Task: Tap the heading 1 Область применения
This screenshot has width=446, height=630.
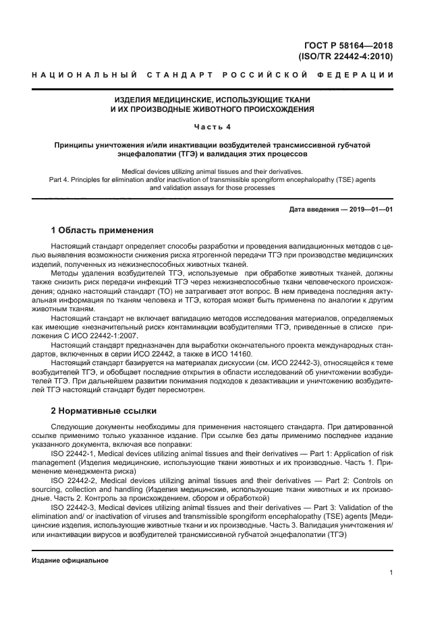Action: tap(103, 230)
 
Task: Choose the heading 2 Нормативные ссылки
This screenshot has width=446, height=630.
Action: tap(104, 410)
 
